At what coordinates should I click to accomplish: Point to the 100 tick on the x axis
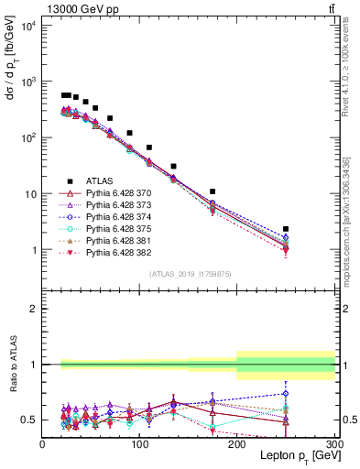pos(140,443)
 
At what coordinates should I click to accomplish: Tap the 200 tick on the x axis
pos(237,443)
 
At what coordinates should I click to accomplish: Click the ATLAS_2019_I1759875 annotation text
pos(189,274)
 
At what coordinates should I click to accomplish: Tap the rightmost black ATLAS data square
pos(286,229)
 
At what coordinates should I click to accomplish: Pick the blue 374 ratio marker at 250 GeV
pos(286,394)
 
